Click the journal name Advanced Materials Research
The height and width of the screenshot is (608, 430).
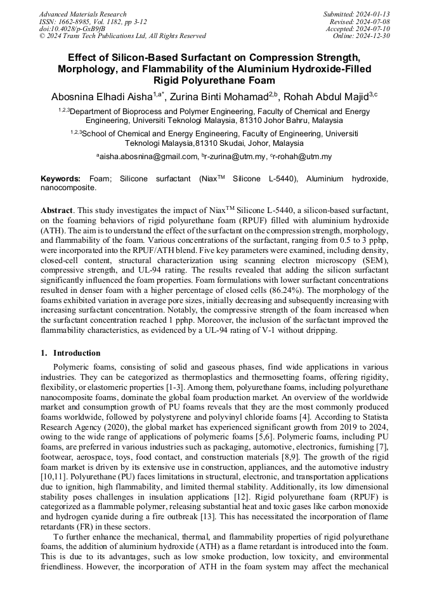[x=82, y=14]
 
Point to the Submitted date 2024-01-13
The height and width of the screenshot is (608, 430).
[x=374, y=14]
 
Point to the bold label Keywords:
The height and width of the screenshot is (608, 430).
[x=60, y=179]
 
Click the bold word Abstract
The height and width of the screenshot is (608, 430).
[x=56, y=210]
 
